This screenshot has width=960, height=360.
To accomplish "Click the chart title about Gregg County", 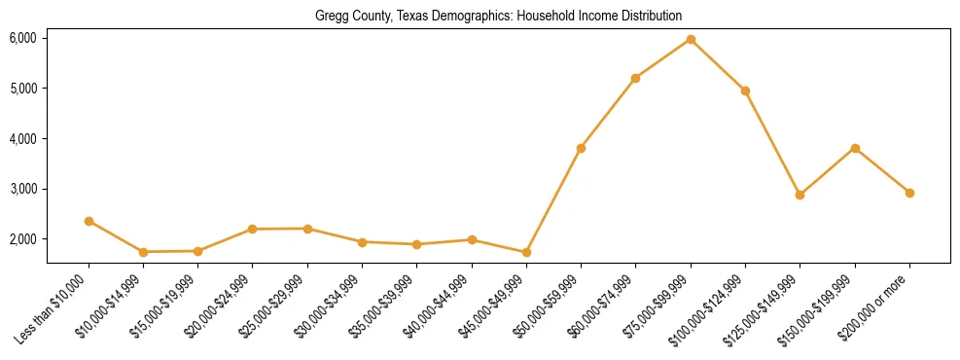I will point(498,17).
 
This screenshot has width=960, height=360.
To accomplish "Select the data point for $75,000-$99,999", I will point(691,39).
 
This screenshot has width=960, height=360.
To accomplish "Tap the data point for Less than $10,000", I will point(89,221).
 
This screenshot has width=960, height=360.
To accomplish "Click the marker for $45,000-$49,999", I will point(526,252).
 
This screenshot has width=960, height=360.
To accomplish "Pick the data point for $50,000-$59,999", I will point(581,148).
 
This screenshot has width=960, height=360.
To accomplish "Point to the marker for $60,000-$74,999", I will point(635,78).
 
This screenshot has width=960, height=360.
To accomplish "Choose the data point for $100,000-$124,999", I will point(745,90).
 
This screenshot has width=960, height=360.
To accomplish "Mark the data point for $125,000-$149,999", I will point(800,195).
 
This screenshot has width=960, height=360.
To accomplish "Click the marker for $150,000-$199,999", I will point(855,148).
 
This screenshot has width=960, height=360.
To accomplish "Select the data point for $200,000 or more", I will point(909,193).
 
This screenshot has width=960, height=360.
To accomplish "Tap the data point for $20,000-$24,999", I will point(253,229).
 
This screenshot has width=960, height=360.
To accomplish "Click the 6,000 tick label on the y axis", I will point(22,38).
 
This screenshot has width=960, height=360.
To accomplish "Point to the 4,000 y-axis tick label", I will point(22,138).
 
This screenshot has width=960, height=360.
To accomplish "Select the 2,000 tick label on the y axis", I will point(22,238).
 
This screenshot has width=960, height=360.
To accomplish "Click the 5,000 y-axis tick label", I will point(22,89).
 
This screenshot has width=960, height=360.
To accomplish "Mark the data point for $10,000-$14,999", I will point(143,252).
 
